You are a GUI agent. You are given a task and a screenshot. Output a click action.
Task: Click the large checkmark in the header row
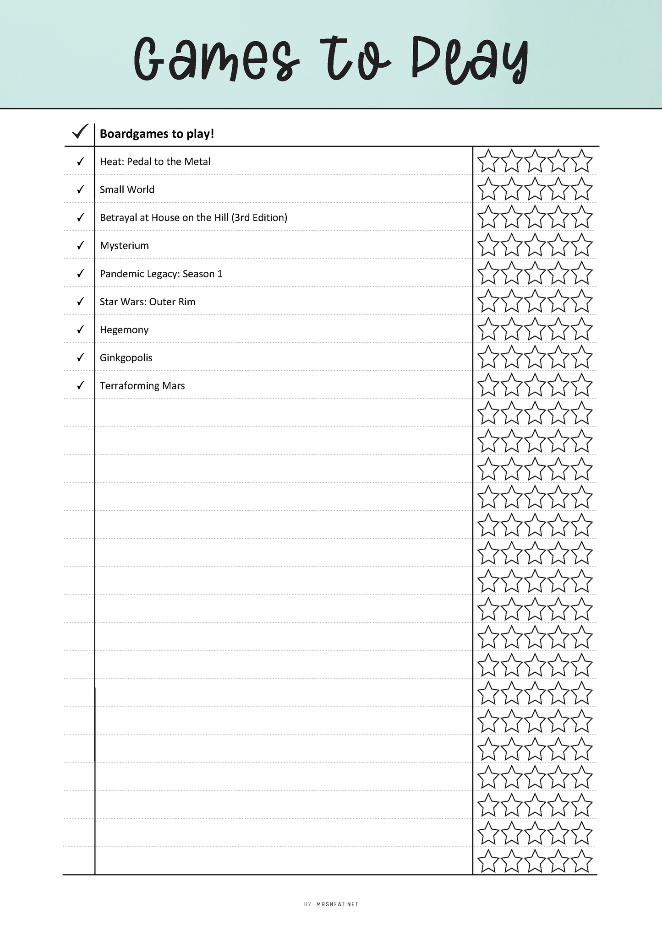pyautogui.click(x=80, y=132)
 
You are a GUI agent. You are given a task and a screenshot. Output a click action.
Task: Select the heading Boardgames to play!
pyautogui.click(x=157, y=134)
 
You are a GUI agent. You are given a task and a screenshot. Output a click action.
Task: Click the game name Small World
pyautogui.click(x=127, y=189)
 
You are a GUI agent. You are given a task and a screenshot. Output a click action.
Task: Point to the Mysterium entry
pyautogui.click(x=124, y=246)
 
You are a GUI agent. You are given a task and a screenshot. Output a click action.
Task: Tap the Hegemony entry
pyautogui.click(x=124, y=330)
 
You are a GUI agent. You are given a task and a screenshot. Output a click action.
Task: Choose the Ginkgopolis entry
pyautogui.click(x=126, y=358)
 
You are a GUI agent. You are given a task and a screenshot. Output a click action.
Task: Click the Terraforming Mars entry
pyautogui.click(x=142, y=386)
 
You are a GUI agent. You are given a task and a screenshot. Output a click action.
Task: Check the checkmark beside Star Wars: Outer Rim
pyautogui.click(x=80, y=301)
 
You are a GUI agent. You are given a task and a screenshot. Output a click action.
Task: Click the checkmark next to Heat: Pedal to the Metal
pyautogui.click(x=80, y=161)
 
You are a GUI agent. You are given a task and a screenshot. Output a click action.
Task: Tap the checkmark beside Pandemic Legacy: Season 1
pyautogui.click(x=80, y=273)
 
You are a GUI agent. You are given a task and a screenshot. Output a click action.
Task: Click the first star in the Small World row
pyautogui.click(x=488, y=189)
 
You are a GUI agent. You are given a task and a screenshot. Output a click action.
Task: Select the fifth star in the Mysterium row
pyautogui.click(x=582, y=246)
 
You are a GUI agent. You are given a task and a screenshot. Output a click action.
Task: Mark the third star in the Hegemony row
pyautogui.click(x=535, y=330)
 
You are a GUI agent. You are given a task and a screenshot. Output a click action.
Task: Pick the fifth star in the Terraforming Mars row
pyautogui.click(x=582, y=386)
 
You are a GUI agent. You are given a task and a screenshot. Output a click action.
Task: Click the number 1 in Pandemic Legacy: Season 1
pyautogui.click(x=220, y=274)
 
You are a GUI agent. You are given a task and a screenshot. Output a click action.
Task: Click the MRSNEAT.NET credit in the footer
pyautogui.click(x=337, y=904)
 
